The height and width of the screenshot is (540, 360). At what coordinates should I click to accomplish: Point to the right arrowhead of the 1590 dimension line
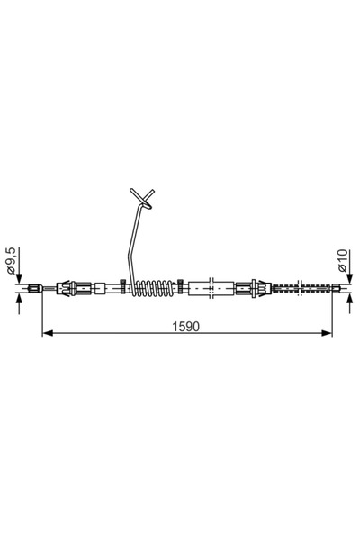click(328, 335)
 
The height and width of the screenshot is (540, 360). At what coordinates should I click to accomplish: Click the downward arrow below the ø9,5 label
click(19, 279)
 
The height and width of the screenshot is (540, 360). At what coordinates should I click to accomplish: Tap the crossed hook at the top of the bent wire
click(142, 197)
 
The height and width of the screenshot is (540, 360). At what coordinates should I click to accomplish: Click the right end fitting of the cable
click(335, 289)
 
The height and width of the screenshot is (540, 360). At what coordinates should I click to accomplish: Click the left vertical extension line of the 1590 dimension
click(42, 315)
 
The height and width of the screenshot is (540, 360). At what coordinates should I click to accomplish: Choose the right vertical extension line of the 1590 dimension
click(333, 315)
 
